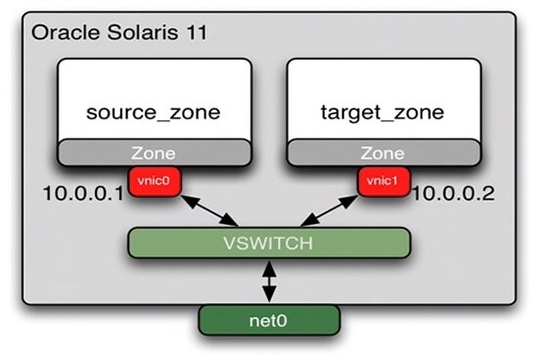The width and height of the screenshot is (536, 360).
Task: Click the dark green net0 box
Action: click(268, 318)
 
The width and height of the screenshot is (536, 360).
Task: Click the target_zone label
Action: click(381, 112)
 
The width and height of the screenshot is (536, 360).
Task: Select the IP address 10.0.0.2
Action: click(453, 194)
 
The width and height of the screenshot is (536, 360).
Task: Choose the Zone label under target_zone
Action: click(381, 154)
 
